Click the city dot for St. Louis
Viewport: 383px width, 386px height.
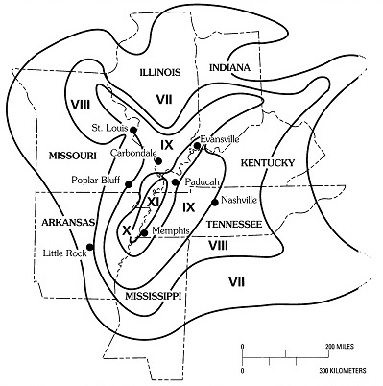(x=133, y=130)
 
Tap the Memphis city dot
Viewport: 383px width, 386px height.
(x=144, y=232)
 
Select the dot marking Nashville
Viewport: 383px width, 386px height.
(x=215, y=202)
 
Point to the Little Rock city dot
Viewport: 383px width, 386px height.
(x=90, y=247)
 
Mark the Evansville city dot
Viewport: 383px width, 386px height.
(x=197, y=146)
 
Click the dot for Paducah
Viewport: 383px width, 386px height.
(x=176, y=182)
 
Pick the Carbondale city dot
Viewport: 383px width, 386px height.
(x=158, y=161)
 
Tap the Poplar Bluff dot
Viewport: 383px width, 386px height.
(x=129, y=184)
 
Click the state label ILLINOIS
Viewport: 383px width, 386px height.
(x=160, y=72)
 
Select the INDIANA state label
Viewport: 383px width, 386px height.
(x=229, y=68)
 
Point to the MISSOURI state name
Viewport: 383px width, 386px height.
(x=72, y=156)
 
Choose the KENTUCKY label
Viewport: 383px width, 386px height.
(x=267, y=163)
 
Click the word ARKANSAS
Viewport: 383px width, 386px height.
(x=68, y=222)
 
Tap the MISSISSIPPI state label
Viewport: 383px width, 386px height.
(x=153, y=296)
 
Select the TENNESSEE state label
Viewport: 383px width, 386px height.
(x=234, y=224)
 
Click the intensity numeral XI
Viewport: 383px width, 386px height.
(x=153, y=203)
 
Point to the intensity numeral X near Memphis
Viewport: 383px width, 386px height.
(x=127, y=229)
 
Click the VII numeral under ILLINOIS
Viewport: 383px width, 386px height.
(x=164, y=100)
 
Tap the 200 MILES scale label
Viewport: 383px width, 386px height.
(x=340, y=347)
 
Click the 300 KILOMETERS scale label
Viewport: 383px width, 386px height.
(x=342, y=371)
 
